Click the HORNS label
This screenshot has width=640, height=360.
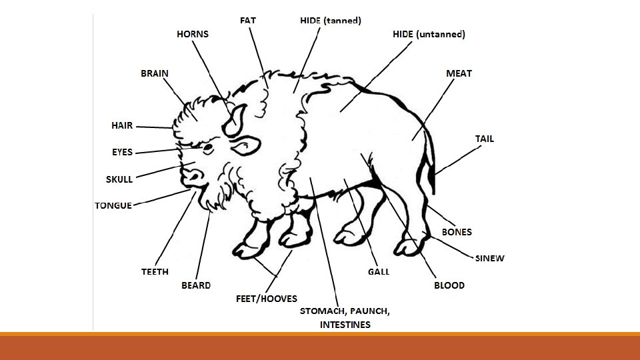pyautogui.click(x=193, y=34)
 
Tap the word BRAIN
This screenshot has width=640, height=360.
pyautogui.click(x=155, y=73)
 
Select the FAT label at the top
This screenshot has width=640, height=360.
pyautogui.click(x=248, y=21)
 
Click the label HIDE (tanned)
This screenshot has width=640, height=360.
pyautogui.click(x=331, y=21)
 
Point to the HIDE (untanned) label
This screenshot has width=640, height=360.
pyautogui.click(x=429, y=34)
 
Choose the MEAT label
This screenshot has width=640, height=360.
pyautogui.click(x=459, y=73)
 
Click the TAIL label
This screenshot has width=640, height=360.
pyautogui.click(x=485, y=139)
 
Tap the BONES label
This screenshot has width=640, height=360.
pyautogui.click(x=457, y=232)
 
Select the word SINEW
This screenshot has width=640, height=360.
pyautogui.click(x=490, y=258)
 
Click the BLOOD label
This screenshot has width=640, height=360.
pyautogui.click(x=449, y=285)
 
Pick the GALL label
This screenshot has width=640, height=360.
pyautogui.click(x=379, y=272)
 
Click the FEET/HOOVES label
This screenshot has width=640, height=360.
pyautogui.click(x=267, y=299)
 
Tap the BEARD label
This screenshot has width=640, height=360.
pyautogui.click(x=196, y=285)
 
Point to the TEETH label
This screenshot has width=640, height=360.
pyautogui.click(x=155, y=272)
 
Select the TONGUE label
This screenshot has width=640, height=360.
pyautogui.click(x=113, y=205)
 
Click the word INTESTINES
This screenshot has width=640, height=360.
pyautogui.click(x=345, y=325)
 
